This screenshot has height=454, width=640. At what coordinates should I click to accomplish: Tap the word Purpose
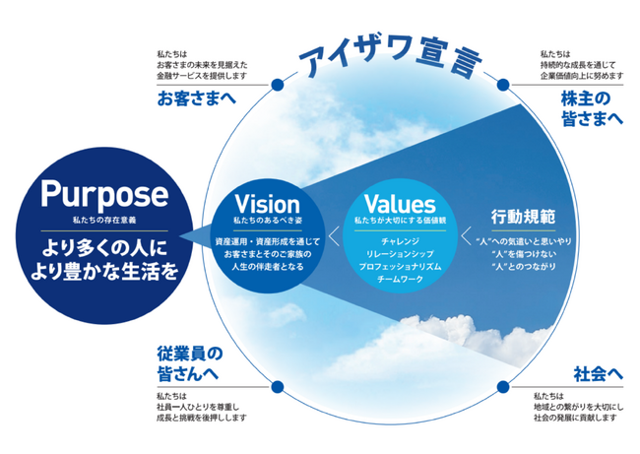tap(105, 193)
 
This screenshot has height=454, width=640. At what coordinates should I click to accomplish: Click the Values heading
tap(399, 205)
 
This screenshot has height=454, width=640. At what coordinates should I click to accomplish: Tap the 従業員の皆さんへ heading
tap(187, 362)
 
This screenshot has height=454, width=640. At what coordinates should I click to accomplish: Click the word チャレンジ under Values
tap(399, 240)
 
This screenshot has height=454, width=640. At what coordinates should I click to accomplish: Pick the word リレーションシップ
tap(399, 253)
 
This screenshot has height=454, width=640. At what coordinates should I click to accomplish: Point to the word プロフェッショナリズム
tap(399, 267)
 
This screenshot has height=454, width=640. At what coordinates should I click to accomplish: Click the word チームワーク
tap(399, 281)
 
